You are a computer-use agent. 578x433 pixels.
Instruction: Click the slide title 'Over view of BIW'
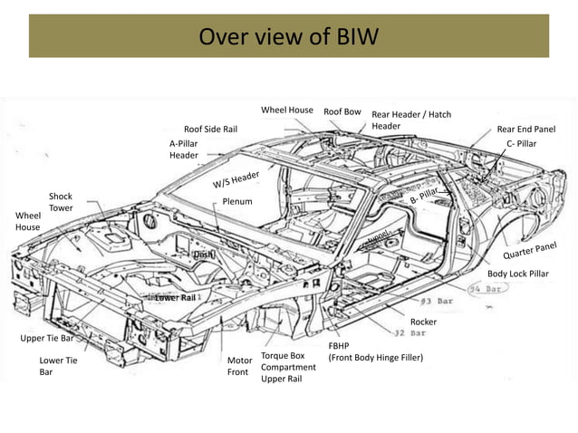point(288,36)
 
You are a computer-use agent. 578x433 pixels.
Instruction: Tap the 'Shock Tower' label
point(61,202)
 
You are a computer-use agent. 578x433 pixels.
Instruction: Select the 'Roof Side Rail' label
point(210,130)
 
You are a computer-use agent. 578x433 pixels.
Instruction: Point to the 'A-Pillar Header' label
point(183,149)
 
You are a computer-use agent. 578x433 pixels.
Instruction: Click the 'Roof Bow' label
point(342,112)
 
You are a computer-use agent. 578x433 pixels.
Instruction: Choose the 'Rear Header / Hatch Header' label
point(410,120)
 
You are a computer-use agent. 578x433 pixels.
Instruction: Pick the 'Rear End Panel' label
point(525,130)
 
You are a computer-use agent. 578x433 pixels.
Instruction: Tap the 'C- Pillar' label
point(521,144)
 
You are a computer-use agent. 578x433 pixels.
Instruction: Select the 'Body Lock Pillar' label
point(517,274)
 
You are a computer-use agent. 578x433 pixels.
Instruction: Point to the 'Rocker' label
point(423,322)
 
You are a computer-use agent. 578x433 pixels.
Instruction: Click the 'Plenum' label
point(237,201)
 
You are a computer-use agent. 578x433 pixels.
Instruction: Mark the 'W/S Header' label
point(236,179)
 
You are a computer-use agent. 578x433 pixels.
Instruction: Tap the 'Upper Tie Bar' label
point(47,338)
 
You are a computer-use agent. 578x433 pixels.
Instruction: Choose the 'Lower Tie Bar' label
point(51,366)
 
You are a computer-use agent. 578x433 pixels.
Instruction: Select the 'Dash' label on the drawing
point(202,255)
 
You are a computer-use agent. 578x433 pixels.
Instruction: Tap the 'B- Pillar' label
point(424,194)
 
